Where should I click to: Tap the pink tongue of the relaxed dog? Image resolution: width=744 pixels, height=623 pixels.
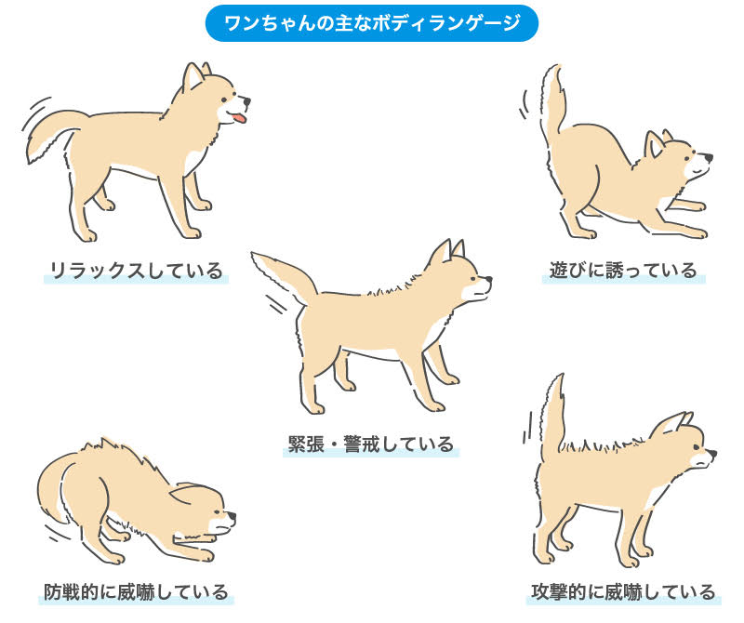click(x=240, y=119)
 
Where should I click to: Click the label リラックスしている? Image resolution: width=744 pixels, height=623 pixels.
click(x=136, y=272)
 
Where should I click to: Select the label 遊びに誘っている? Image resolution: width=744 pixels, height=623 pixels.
click(x=622, y=271)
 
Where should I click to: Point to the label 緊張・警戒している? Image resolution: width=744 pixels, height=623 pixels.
click(x=371, y=443)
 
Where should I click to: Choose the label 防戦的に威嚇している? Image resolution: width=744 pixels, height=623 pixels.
click(x=136, y=591)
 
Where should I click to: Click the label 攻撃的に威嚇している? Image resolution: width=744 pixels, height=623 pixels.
click(x=623, y=591)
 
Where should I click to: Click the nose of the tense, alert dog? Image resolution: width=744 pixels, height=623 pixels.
click(x=488, y=278)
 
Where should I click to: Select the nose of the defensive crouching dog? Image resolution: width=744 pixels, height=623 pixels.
click(x=232, y=515)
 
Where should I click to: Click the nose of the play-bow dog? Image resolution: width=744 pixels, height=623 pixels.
click(x=709, y=158)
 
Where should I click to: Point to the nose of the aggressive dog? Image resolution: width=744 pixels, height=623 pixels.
click(x=711, y=455)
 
